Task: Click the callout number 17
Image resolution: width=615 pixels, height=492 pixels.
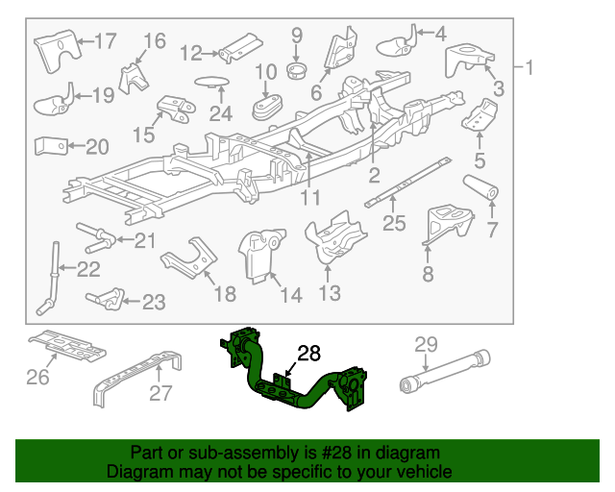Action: (105, 41)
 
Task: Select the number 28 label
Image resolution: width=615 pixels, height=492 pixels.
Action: (308, 354)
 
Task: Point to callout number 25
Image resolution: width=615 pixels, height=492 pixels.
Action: (394, 225)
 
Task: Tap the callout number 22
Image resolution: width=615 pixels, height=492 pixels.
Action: (88, 270)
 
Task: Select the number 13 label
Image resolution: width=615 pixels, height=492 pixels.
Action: (330, 293)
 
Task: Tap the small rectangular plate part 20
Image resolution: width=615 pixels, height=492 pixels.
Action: (51, 146)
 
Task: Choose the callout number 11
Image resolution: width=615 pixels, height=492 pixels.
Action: (308, 199)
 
